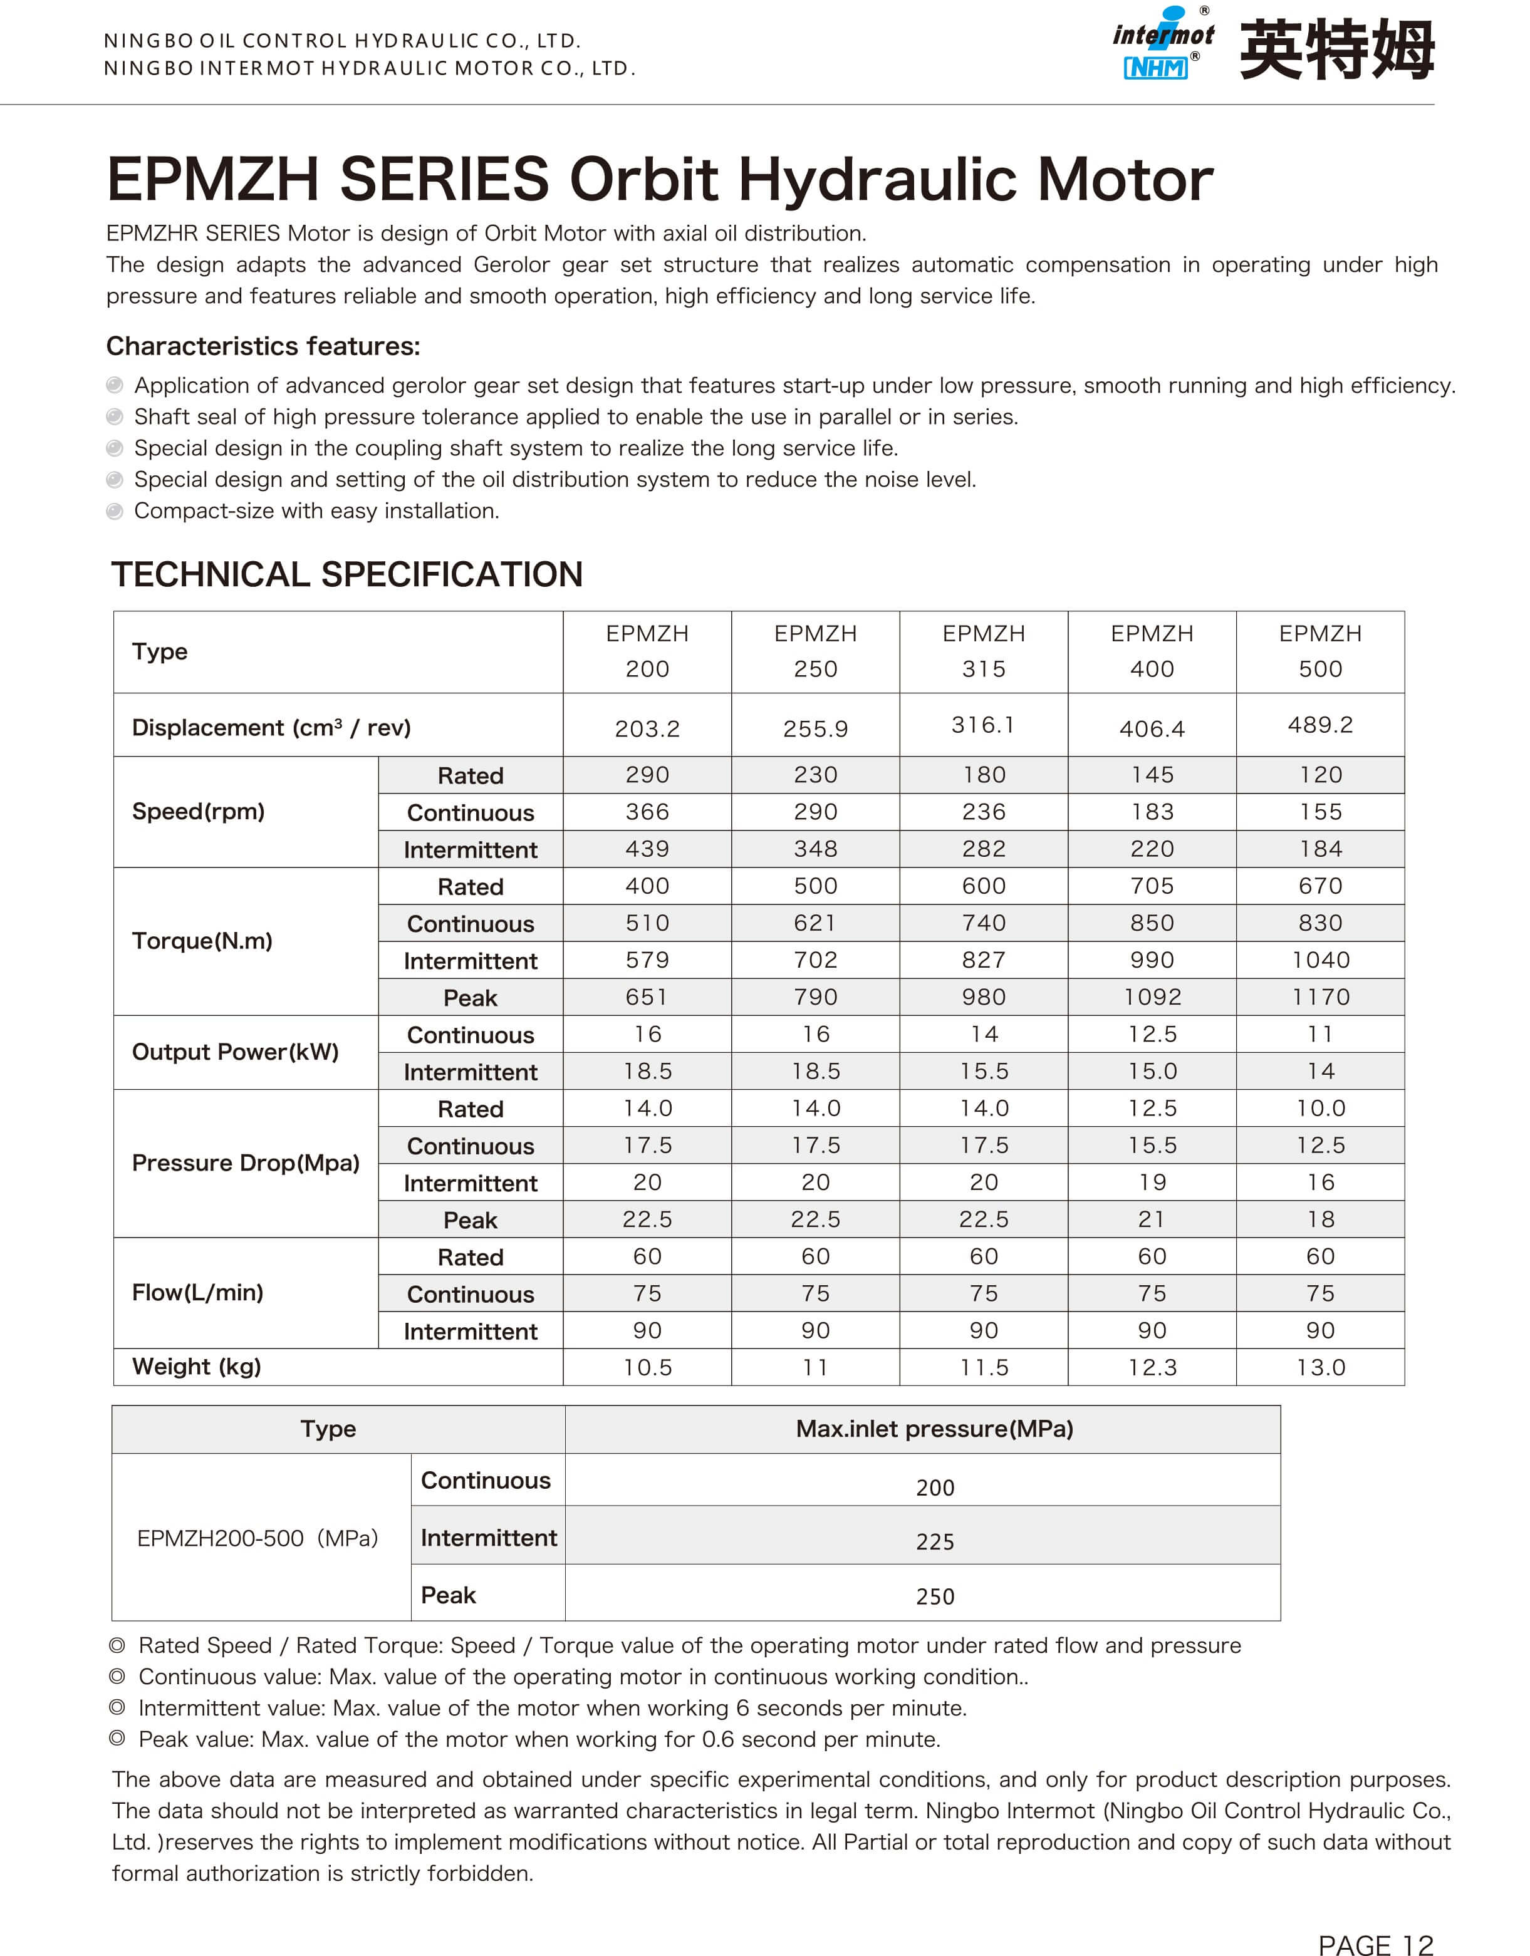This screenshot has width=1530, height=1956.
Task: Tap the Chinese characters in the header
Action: [x=1336, y=50]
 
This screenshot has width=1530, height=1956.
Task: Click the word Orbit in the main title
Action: [x=643, y=179]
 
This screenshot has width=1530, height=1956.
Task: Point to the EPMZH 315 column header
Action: [x=984, y=651]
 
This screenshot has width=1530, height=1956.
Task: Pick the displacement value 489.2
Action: [x=1319, y=725]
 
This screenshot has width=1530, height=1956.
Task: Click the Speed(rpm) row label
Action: [x=198, y=812]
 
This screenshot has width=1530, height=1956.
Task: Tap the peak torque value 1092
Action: [x=1152, y=997]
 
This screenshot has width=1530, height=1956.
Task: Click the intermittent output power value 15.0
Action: [x=1152, y=1071]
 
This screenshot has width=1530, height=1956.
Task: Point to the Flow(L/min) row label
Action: [x=197, y=1292]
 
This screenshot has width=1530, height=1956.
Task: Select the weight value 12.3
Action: [x=1152, y=1368]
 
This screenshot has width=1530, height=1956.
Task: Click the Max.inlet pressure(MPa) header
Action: [x=934, y=1429]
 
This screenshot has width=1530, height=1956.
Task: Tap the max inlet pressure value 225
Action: [x=934, y=1541]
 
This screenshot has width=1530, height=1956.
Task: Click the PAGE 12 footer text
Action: [x=1375, y=1944]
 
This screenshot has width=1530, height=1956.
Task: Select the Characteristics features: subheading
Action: [x=263, y=346]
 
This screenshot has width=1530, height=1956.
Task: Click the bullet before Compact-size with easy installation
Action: [x=115, y=511]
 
